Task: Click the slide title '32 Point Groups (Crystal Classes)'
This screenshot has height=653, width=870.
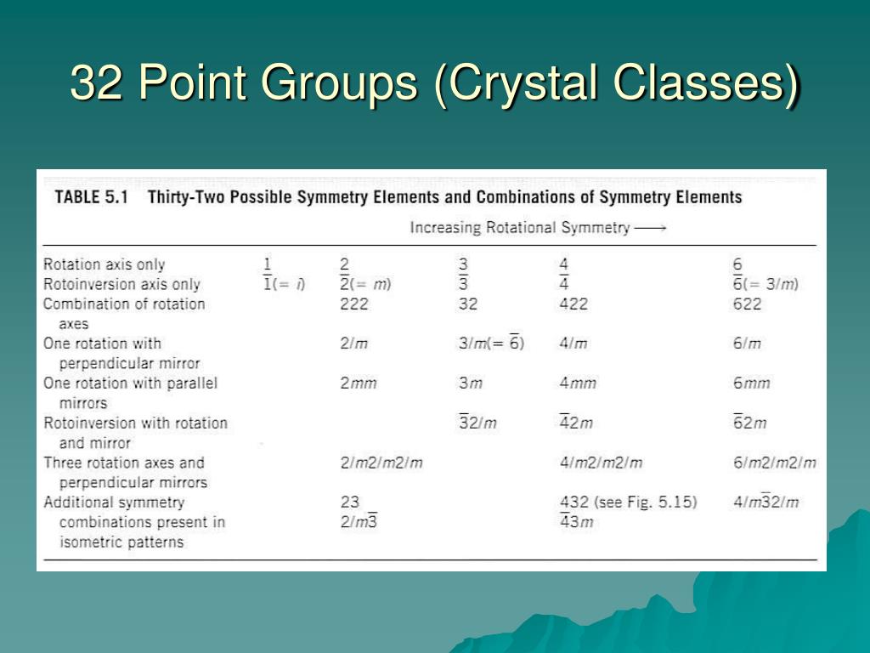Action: [x=434, y=84]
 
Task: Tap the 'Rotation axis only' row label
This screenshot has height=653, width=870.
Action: [x=104, y=264]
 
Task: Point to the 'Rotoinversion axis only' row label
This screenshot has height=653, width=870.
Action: [x=121, y=284]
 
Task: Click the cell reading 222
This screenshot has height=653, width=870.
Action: [x=355, y=304]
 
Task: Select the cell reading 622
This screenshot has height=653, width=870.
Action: [x=747, y=304]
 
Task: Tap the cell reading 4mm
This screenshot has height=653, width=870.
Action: [x=578, y=383]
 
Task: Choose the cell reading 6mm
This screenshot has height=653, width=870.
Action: [x=751, y=383]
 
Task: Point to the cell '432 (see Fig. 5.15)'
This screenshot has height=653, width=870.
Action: [x=628, y=503]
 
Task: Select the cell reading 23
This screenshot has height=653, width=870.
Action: [x=350, y=503]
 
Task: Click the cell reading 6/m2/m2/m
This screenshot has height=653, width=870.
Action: [x=774, y=463]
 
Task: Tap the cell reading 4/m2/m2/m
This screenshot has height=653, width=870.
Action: [x=601, y=463]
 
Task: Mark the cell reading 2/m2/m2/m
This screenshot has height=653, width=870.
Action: [x=381, y=463]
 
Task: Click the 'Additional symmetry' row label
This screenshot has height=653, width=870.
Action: [x=114, y=503]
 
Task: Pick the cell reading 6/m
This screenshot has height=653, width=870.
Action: [x=747, y=344]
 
